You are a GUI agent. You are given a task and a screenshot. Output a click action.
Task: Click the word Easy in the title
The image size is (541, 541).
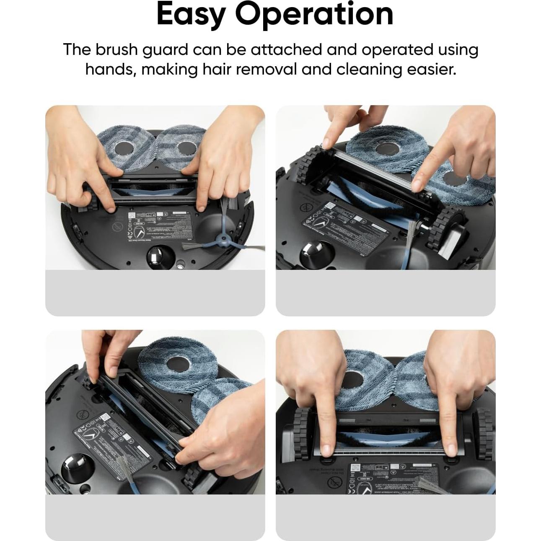coord(192,15)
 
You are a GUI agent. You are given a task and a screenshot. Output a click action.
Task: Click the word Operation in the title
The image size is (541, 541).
coord(314,15)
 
